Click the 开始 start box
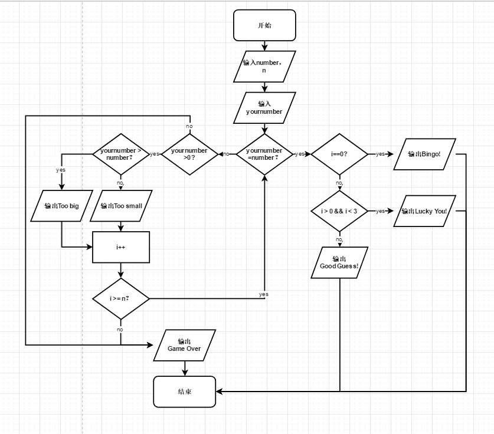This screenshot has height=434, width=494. pos(264,25)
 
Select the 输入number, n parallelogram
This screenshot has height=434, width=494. pos(264,66)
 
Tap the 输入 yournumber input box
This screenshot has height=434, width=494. pos(264,107)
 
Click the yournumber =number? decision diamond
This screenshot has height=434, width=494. pos(264,154)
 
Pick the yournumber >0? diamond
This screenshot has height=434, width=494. pos(189,154)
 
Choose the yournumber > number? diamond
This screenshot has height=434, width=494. pos(120,154)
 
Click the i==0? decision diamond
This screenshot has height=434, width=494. pos(339,154)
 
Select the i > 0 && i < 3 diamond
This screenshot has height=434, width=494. pos(339,211)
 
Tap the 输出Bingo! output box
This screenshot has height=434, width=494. pos(424,154)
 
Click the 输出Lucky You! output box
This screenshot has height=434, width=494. pos(424,211)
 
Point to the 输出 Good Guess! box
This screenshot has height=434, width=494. pos(339,262)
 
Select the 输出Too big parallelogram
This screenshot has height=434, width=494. pos(61,206)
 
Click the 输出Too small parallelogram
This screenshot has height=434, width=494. pos(121,206)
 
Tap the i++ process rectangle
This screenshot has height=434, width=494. pos(121,247)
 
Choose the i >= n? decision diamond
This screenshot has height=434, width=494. pos(120,298)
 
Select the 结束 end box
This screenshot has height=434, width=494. pos(184,392)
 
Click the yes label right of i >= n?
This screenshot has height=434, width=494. pos(263,294)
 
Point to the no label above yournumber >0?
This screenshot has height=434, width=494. pos(189,126)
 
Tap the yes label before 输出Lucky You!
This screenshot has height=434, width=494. pos(381,211)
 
